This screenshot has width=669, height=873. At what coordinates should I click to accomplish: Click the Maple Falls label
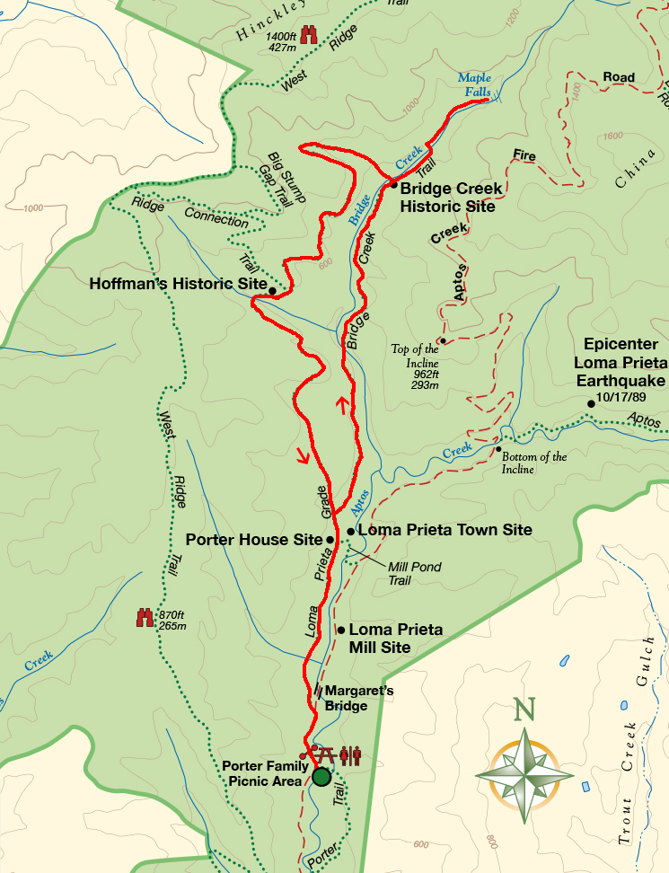point(474,85)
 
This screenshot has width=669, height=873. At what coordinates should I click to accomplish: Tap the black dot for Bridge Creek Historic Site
point(393,185)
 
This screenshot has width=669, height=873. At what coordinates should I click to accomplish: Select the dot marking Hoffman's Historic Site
point(272,291)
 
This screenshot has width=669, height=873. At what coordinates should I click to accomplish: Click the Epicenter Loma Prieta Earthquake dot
point(591,403)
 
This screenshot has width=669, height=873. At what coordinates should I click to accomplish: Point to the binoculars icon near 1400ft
point(310,34)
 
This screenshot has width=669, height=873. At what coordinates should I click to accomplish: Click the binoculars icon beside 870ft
point(145,618)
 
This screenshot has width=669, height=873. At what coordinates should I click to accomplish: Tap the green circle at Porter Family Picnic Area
point(321,777)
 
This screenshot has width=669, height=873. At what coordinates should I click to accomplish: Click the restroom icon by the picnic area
point(350,755)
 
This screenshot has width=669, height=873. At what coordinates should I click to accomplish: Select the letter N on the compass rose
point(524,711)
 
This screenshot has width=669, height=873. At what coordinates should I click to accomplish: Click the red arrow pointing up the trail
point(342,406)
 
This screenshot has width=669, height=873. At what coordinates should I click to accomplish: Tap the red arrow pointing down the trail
point(303,456)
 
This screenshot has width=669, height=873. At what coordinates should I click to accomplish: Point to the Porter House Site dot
point(330,540)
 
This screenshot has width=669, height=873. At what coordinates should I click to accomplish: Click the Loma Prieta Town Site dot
point(350,531)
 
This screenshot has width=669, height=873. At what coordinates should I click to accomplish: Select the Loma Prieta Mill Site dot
point(340,630)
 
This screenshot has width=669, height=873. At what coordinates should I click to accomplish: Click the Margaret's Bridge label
point(357,698)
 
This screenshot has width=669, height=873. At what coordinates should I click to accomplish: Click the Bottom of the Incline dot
point(498,449)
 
